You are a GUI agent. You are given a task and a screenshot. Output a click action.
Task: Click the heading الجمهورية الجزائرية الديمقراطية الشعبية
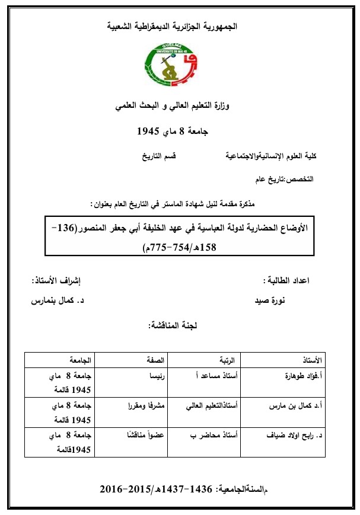tap(179, 27)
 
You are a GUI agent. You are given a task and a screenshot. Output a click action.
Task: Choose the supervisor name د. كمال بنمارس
tap(58, 300)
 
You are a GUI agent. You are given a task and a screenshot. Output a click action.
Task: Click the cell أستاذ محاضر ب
tap(216, 435)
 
